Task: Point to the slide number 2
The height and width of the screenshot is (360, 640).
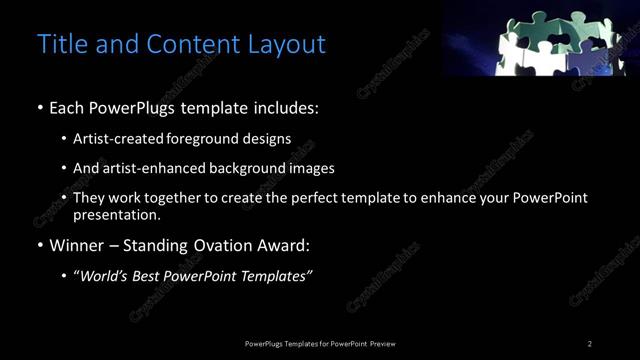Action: tap(590, 344)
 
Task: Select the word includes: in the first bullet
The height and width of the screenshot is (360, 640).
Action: tap(287, 107)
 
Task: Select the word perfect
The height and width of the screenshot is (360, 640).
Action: tap(333, 198)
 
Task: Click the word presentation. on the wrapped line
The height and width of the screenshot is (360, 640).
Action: tap(117, 214)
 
